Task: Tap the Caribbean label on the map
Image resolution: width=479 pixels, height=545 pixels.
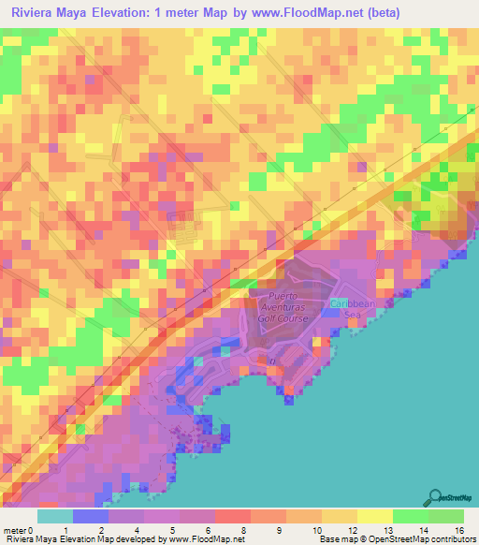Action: coord(352,304)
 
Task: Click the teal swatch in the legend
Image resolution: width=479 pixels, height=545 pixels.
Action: coord(54,516)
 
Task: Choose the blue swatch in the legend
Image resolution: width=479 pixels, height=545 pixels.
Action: coord(90,516)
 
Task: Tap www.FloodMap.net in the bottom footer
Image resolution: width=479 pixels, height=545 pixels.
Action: coord(202,539)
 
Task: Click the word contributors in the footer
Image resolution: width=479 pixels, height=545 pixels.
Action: coord(453,539)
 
